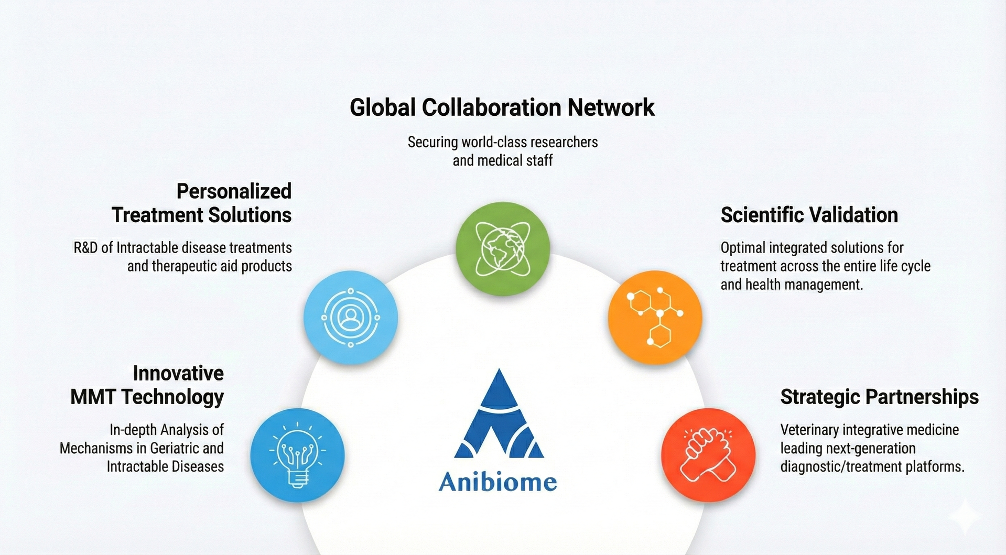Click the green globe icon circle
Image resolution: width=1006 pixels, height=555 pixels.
[502, 248]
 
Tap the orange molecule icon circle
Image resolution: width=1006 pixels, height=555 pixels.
[655, 317]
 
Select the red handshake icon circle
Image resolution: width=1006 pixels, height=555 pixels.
[708, 455]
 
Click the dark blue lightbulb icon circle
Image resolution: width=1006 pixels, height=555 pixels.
[297, 455]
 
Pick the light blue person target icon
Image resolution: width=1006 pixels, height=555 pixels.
[350, 317]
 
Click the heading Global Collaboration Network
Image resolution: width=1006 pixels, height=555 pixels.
[502, 107]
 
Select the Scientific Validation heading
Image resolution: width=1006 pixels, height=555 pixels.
[809, 215]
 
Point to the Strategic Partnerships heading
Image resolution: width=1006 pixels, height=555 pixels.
[879, 397]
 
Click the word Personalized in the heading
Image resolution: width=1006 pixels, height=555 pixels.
[234, 191]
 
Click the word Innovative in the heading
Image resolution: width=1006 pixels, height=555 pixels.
[178, 373]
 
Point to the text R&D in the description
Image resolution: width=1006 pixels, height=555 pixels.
[85, 247]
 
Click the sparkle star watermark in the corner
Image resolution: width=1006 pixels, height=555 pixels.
[966, 516]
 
